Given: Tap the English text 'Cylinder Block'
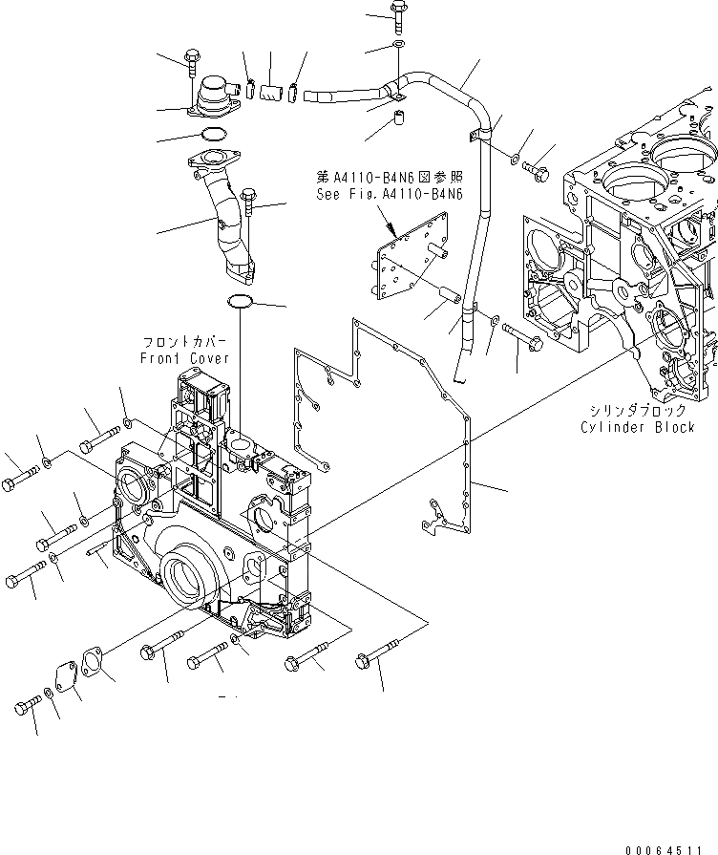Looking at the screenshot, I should [x=637, y=427].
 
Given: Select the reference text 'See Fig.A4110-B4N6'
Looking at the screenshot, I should [x=376, y=193].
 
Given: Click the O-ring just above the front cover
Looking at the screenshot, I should [x=241, y=303].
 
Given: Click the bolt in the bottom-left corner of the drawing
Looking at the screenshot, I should [x=26, y=707].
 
